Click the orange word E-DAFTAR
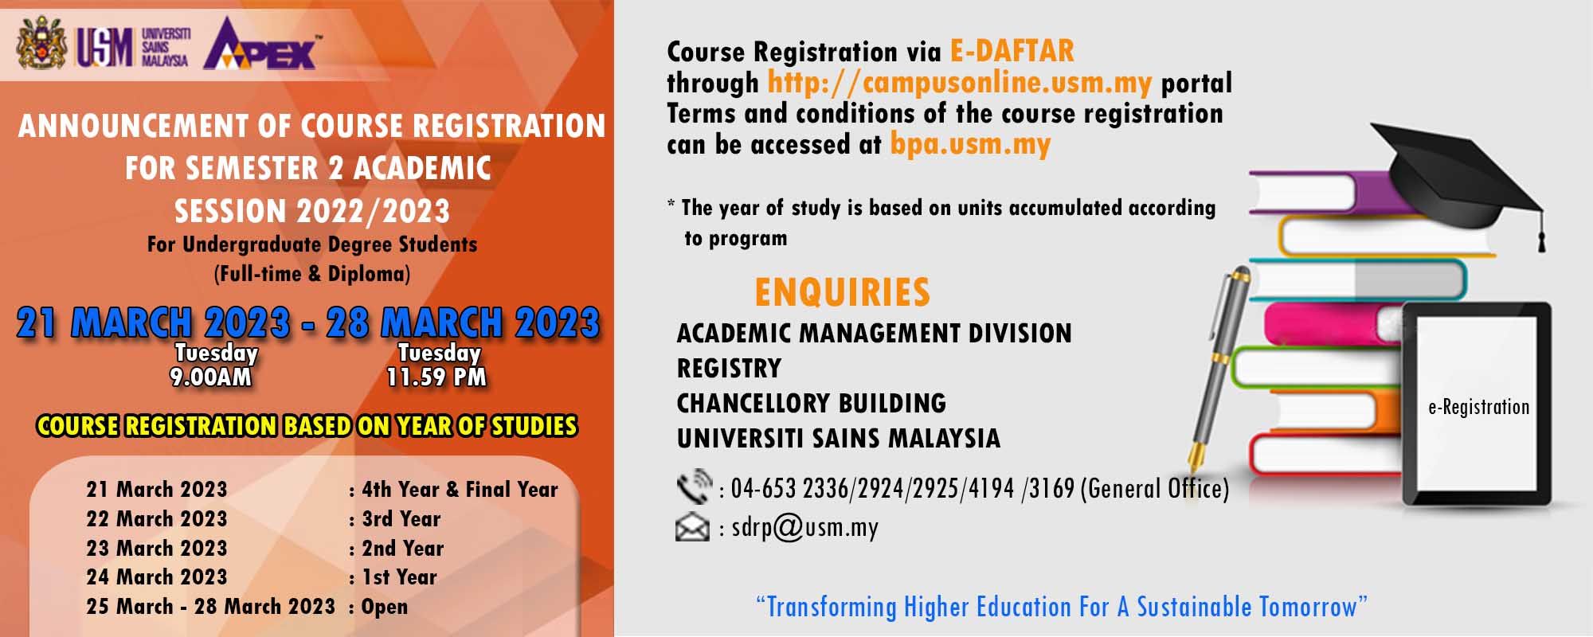[x=1012, y=52]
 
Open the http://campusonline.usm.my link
[x=960, y=83]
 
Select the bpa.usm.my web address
[x=970, y=145]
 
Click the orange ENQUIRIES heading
[x=843, y=292]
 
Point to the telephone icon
[x=694, y=487]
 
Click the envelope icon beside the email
[x=692, y=528]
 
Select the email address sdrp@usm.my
[x=804, y=528]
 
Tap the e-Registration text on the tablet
[x=1478, y=408]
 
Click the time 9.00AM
[x=211, y=377]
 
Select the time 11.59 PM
[x=436, y=377]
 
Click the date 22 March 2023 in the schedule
[x=157, y=519]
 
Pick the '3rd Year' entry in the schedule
[x=401, y=519]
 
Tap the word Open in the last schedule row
[x=385, y=608]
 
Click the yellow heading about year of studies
[x=307, y=426]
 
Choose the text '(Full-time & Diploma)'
[x=312, y=274]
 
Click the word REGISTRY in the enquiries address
[x=730, y=368]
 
